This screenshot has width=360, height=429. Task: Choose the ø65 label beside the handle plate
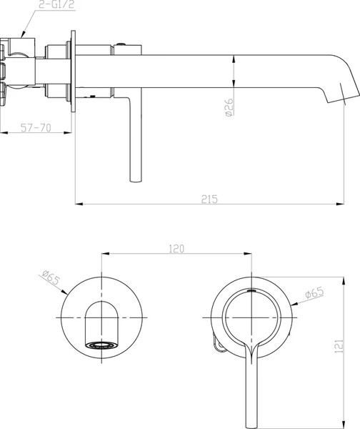click(315, 293)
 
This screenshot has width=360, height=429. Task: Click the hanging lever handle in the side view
click(135, 143)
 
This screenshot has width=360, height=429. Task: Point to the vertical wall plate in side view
click(74, 71)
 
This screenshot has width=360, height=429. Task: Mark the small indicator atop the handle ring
click(251, 292)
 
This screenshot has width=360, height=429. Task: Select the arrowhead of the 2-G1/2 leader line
click(23, 36)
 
